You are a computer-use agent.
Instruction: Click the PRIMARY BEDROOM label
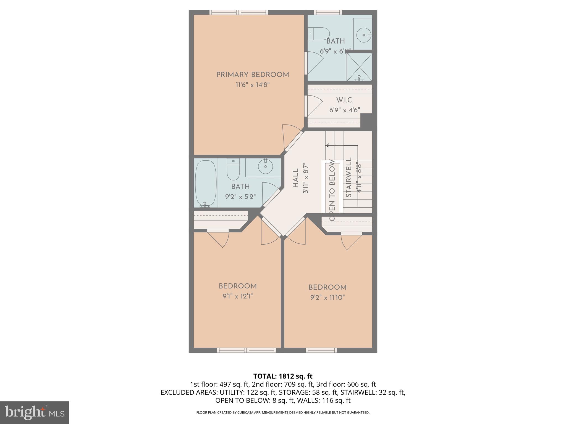[x=253, y=75]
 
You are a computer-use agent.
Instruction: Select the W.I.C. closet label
[x=345, y=100]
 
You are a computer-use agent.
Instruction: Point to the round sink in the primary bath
[x=364, y=35]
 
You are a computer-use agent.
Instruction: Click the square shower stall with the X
[x=359, y=67]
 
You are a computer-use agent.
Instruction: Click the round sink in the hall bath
[x=265, y=166]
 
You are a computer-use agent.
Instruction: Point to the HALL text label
[x=295, y=178]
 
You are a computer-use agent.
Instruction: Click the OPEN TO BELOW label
[x=332, y=190]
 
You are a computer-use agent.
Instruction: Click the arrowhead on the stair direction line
[x=327, y=145]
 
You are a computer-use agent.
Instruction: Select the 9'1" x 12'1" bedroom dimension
[x=238, y=296]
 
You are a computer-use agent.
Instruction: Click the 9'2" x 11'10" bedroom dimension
[x=327, y=298]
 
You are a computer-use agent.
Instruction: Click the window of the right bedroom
[x=321, y=350]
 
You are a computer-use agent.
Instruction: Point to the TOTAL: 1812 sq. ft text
[x=283, y=376]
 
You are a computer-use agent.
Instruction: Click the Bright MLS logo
[x=34, y=412]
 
